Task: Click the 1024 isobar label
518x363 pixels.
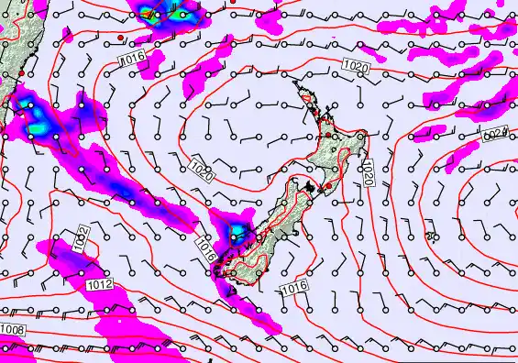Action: coord(495,135)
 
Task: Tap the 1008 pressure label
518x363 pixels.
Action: coord(12,328)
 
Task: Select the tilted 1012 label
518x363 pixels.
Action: coord(82,240)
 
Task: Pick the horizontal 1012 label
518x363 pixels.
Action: coord(101,286)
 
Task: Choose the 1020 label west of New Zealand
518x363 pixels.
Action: coord(202,170)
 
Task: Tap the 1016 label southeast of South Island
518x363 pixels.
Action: coord(292,289)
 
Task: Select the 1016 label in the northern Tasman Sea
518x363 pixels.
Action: coord(134,58)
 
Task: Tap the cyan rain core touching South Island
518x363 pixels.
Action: coord(237,229)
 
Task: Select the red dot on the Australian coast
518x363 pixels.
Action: coord(19,72)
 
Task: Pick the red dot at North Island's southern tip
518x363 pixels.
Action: coord(327,187)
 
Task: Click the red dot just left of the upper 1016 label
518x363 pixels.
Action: coord(120,38)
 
